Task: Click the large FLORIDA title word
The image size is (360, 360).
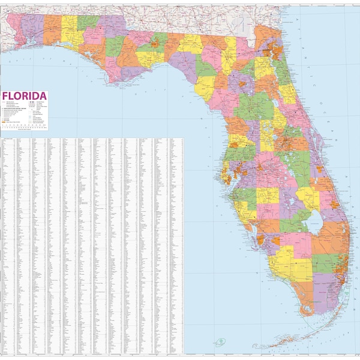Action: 25,96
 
